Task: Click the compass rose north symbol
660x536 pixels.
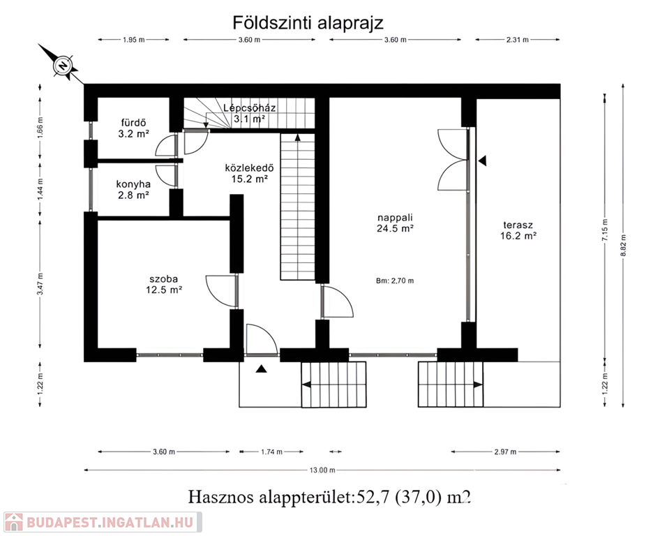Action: [x=63, y=66]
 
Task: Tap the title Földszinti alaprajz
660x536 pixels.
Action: [x=308, y=22]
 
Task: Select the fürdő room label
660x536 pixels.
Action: [x=133, y=123]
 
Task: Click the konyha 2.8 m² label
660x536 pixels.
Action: [x=133, y=189]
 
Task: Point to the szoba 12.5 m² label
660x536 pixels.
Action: [x=164, y=284]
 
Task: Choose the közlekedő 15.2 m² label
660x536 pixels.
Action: [x=250, y=173]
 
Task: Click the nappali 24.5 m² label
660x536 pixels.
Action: [x=395, y=223]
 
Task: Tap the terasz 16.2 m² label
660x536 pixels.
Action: [x=518, y=230]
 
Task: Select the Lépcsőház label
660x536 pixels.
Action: [x=250, y=107]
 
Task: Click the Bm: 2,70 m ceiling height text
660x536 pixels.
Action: [x=395, y=281]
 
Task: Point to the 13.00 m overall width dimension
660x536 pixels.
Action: [x=322, y=470]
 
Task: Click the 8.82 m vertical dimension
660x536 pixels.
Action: [x=624, y=245]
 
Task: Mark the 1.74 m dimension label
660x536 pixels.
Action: [x=271, y=452]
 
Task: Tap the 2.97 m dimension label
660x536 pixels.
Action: [x=505, y=452]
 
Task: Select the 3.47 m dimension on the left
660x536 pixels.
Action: [x=40, y=284]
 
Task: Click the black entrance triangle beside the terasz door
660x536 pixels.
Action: [x=482, y=161]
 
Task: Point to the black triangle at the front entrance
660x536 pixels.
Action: [x=262, y=368]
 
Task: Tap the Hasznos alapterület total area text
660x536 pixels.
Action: [x=329, y=497]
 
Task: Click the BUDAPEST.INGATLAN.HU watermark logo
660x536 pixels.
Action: [x=103, y=522]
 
